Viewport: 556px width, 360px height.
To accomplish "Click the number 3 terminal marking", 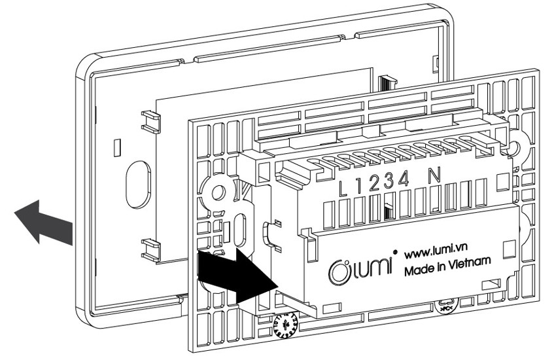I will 389,182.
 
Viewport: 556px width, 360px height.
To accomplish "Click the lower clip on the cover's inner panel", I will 150,248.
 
